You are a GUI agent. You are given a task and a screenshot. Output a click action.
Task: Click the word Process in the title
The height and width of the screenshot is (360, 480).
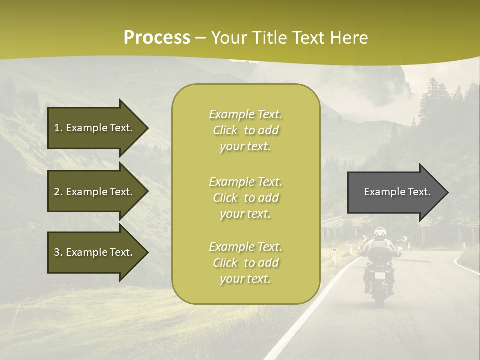point(157,38)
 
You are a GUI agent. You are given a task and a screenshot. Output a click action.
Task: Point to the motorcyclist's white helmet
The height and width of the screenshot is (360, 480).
point(380,232)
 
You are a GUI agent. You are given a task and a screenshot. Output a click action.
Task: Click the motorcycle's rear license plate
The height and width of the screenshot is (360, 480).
point(380,275)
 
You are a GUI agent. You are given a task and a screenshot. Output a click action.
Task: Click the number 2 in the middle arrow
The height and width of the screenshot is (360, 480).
point(57,192)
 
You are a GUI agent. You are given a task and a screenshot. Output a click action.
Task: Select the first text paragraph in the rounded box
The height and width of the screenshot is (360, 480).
point(245,130)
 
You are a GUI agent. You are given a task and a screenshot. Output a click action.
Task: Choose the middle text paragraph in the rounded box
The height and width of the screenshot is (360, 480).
point(245,198)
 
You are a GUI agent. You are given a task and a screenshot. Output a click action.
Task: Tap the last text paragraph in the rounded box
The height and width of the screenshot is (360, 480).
point(245,263)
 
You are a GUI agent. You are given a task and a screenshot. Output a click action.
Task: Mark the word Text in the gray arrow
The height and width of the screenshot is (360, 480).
point(419,192)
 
